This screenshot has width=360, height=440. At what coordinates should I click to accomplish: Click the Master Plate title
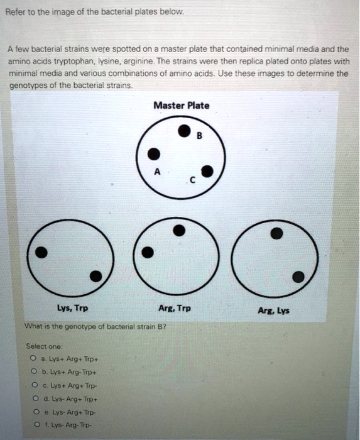(x=182, y=106)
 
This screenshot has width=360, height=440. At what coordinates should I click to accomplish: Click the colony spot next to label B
(x=183, y=132)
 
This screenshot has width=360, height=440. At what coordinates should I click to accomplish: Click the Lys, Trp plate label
(x=72, y=309)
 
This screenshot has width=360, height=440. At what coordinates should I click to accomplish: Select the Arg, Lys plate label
(x=274, y=311)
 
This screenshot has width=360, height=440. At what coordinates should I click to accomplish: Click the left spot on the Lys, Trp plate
(x=41, y=252)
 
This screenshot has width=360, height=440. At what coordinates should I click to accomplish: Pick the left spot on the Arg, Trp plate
(x=148, y=253)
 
